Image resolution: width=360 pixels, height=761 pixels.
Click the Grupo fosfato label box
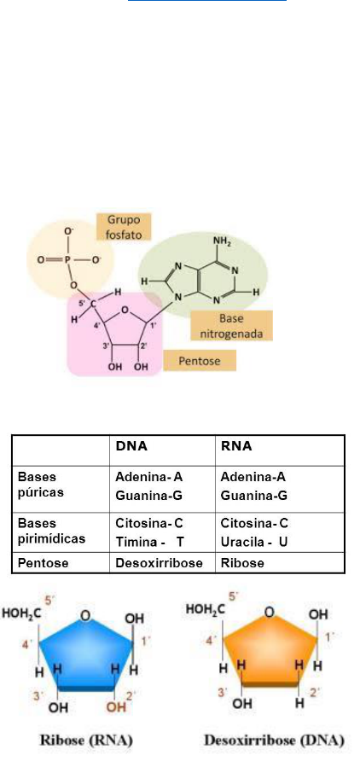pyautogui.click(x=125, y=227)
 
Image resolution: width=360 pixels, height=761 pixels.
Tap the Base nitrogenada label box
pyautogui.click(x=231, y=326)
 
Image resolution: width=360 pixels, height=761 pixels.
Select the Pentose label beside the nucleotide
pyautogui.click(x=200, y=361)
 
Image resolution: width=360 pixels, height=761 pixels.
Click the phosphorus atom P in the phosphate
pyautogui.click(x=68, y=259)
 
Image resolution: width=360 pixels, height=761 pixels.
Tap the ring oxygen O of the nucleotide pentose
pyautogui.click(x=125, y=309)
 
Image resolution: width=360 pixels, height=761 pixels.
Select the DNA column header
pyautogui.click(x=131, y=446)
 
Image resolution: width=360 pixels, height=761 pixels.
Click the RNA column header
pyautogui.click(x=236, y=446)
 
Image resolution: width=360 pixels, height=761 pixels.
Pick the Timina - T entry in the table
pyautogui.click(x=150, y=542)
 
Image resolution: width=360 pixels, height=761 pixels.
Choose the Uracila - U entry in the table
pyautogui.click(x=254, y=542)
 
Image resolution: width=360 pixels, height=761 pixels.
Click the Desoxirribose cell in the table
pyautogui.click(x=158, y=563)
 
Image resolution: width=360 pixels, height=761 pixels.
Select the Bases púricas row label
pyautogui.click(x=41, y=485)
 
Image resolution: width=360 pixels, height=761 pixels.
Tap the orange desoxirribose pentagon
pyautogui.click(x=270, y=651)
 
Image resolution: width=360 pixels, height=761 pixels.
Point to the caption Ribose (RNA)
pyautogui.click(x=85, y=741)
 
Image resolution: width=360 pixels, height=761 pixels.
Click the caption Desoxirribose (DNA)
pyautogui.click(x=275, y=741)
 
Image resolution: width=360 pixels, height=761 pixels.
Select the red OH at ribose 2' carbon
pyautogui.click(x=116, y=706)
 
